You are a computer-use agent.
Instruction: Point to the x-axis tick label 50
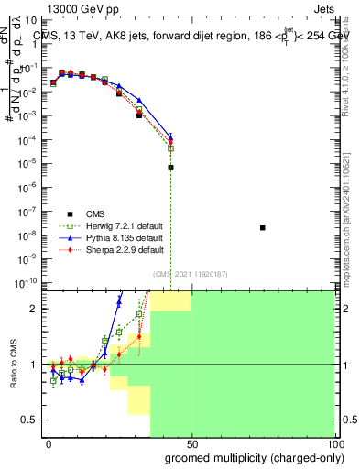tap(191, 443)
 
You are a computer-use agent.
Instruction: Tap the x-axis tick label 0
tap(49, 443)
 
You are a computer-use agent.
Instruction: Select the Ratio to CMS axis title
tap(14, 365)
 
